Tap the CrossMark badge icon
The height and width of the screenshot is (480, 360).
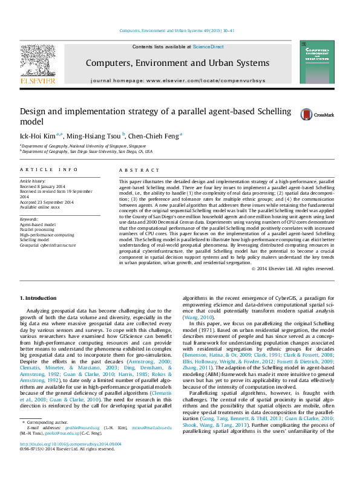click(x=310, y=114)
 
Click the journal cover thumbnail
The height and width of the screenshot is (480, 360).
click(x=316, y=62)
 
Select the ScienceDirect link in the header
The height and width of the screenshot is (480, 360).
click(x=208, y=47)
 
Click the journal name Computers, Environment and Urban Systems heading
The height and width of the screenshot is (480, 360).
click(x=177, y=63)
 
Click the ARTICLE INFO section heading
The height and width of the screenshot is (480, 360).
click(x=49, y=170)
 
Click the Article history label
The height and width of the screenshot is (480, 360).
click(x=33, y=181)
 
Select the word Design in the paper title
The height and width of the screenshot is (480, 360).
click(x=34, y=111)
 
